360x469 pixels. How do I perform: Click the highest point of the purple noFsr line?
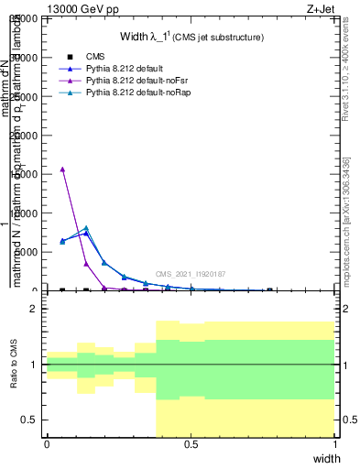coord(62,169)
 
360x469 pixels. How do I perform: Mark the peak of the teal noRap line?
coord(86,227)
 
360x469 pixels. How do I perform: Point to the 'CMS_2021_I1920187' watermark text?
coord(190,274)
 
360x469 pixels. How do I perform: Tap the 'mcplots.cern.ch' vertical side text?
coord(351,229)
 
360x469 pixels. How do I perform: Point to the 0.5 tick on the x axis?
coord(191,444)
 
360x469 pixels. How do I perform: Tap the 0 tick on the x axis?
coord(47,444)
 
